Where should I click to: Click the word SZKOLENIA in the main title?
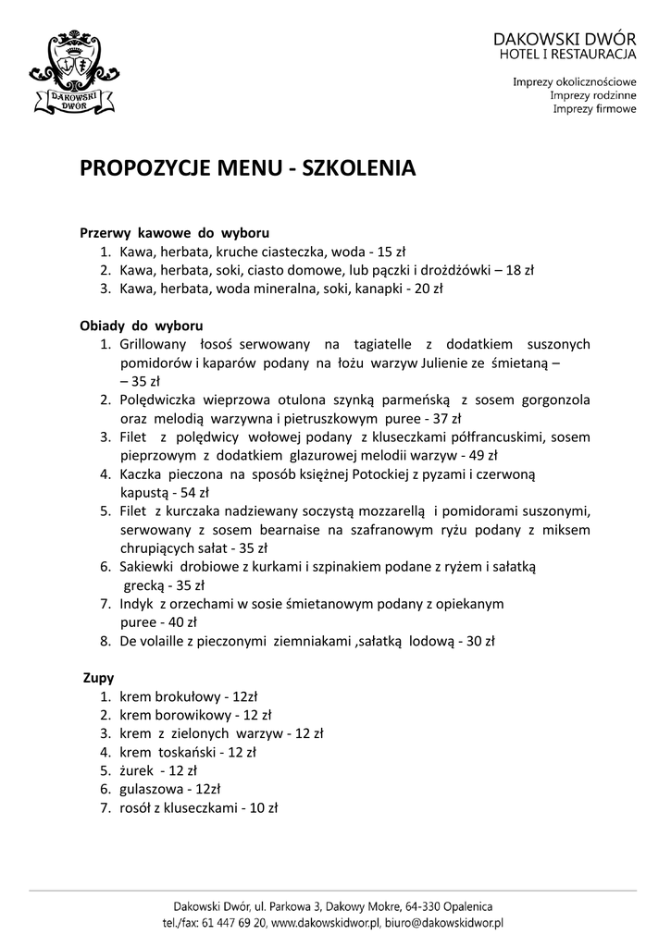point(357,168)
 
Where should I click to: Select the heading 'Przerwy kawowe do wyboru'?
point(175,232)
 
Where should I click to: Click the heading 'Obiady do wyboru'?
point(142,326)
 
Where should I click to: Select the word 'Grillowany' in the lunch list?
point(154,344)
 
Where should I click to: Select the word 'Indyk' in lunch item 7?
point(137,603)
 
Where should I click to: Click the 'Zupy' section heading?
point(99,678)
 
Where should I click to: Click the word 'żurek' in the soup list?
point(136,770)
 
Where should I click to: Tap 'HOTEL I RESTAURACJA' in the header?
point(565,57)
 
